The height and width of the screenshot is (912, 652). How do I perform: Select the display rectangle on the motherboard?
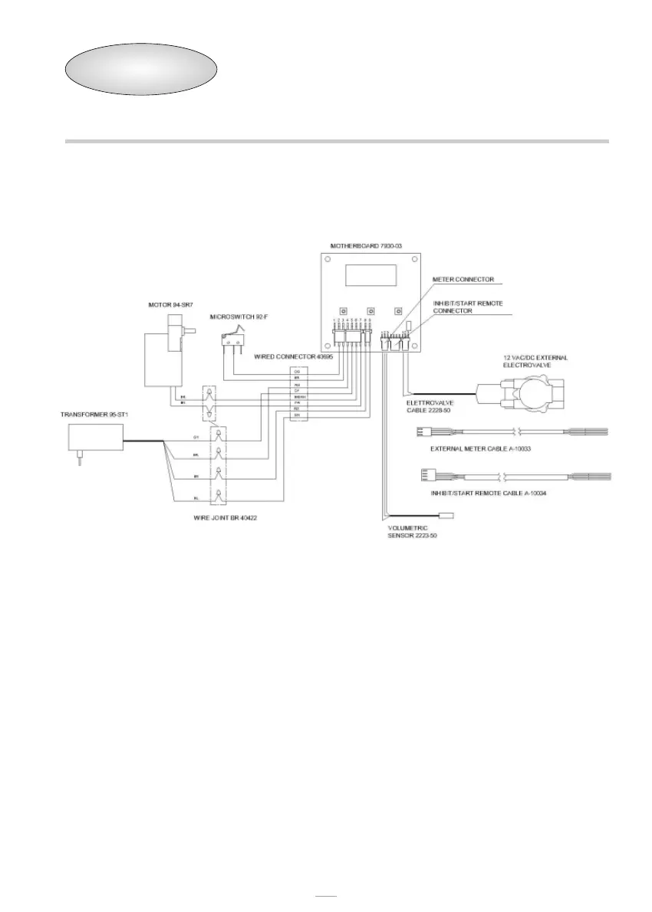pyautogui.click(x=370, y=275)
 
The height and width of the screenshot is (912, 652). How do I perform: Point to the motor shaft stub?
pyautogui.click(x=189, y=331)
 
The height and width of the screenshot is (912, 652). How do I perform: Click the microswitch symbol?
pyautogui.click(x=233, y=337)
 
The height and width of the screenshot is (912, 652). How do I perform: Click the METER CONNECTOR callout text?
pyautogui.click(x=463, y=279)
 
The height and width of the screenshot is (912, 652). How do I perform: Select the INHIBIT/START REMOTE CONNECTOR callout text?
pyautogui.click(x=468, y=307)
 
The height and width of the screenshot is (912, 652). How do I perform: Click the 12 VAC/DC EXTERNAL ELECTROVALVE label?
pyautogui.click(x=536, y=361)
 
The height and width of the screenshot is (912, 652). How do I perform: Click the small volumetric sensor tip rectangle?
pyautogui.click(x=444, y=516)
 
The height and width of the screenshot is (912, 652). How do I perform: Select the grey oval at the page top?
pyautogui.click(x=140, y=70)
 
